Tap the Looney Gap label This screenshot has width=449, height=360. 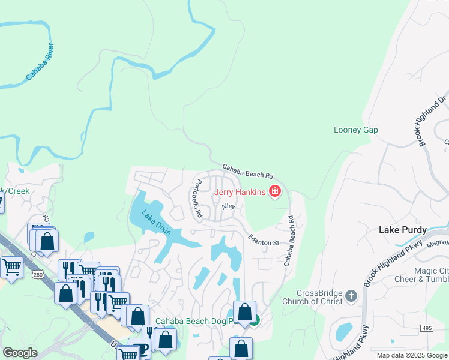(x=355, y=130)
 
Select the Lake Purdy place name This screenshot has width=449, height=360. (x=403, y=230)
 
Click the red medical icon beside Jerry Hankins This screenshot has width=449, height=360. (x=275, y=192)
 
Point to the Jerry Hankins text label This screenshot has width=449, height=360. (x=240, y=192)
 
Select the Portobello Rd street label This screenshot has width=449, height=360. (x=196, y=199)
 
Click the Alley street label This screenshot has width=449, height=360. (x=228, y=206)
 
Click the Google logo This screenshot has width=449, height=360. (x=20, y=353)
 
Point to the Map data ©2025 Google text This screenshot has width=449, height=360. (x=411, y=355)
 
